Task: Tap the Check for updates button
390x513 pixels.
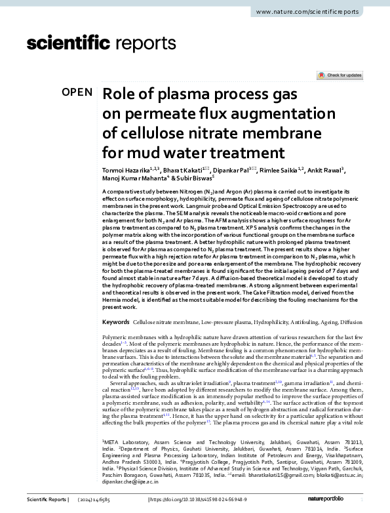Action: pyautogui.click(x=340, y=75)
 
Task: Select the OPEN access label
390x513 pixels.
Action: pyautogui.click(x=77, y=92)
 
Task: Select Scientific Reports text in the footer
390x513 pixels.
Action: pyautogui.click(x=47, y=500)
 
